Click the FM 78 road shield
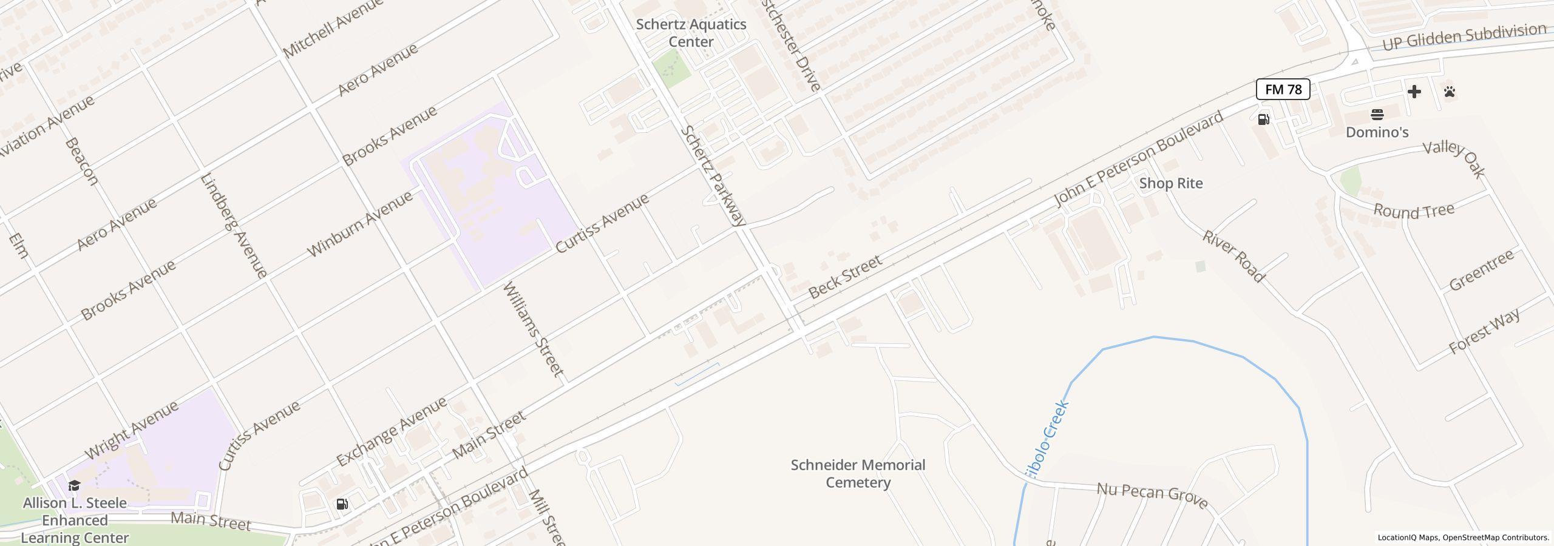pyautogui.click(x=1283, y=90)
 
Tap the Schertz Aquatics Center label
pyautogui.click(x=691, y=33)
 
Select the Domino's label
pyautogui.click(x=1377, y=132)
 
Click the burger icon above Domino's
pyautogui.click(x=1377, y=115)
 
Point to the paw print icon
pyautogui.click(x=1450, y=92)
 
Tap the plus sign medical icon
pyautogui.click(x=1414, y=92)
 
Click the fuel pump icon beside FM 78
pyautogui.click(x=1263, y=119)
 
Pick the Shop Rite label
pyautogui.click(x=1170, y=183)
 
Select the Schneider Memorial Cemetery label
pyautogui.click(x=858, y=474)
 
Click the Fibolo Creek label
pyautogui.click(x=1047, y=437)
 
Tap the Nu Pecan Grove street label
pyautogui.click(x=1152, y=496)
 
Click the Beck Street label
pyautogui.click(x=845, y=277)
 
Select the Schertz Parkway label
pyautogui.click(x=713, y=176)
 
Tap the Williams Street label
pyautogui.click(x=534, y=328)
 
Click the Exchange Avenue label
pyautogui.click(x=392, y=431)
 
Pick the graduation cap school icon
pyautogui.click(x=74, y=485)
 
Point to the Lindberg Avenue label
pyautogui.click(x=234, y=226)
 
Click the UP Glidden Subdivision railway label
pyautogui.click(x=1464, y=37)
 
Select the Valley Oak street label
pyautogui.click(x=1454, y=160)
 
